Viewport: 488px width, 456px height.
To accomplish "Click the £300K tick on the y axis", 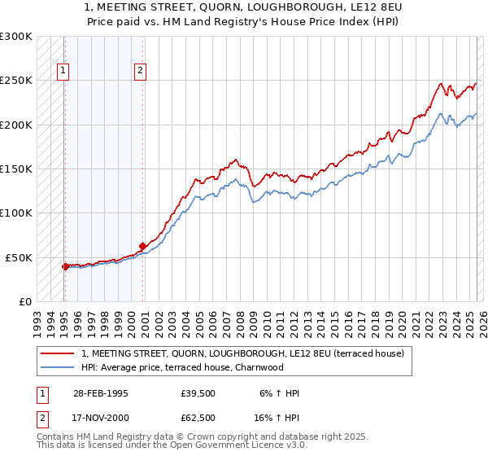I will point(16,37).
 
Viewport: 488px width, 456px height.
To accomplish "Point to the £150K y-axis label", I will point(16,169).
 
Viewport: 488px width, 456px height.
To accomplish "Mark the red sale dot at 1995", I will point(65,266).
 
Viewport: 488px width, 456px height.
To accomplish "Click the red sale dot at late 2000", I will point(142,246).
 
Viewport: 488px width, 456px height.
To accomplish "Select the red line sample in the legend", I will point(59,353).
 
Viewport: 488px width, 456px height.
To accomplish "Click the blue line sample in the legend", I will point(59,367).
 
